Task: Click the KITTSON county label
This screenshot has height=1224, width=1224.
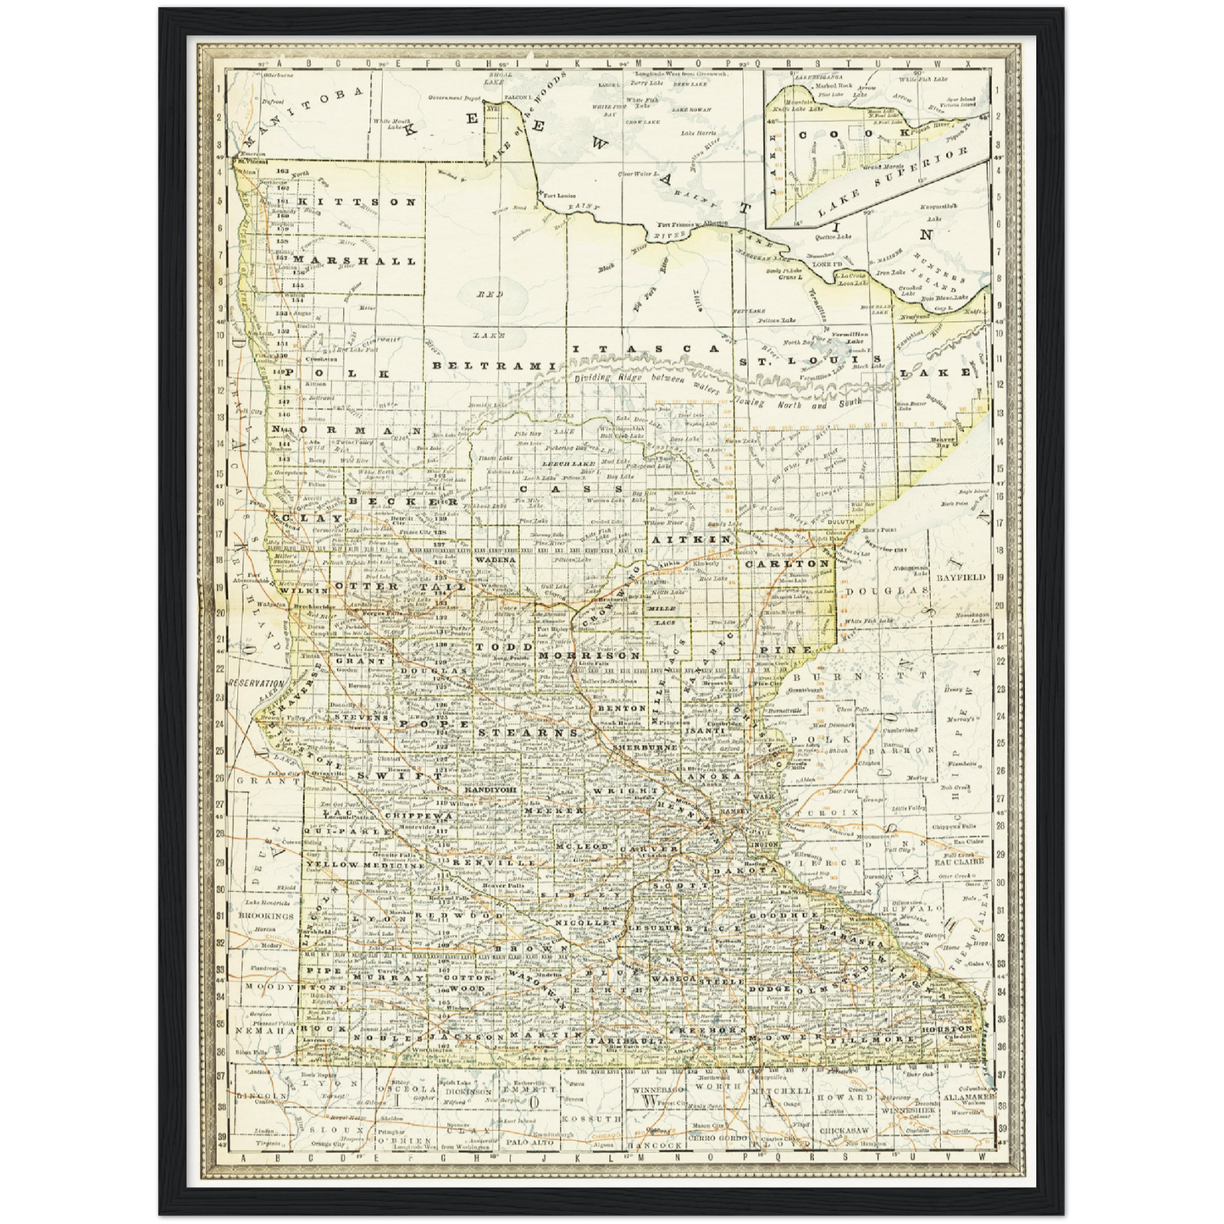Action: pos(356,202)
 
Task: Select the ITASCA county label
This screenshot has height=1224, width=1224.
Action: pos(645,349)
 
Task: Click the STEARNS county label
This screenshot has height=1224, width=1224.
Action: pos(529,731)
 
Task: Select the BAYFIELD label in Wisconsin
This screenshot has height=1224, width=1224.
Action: pos(961,577)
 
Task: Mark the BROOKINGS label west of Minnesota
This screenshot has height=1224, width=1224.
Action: pos(266,916)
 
